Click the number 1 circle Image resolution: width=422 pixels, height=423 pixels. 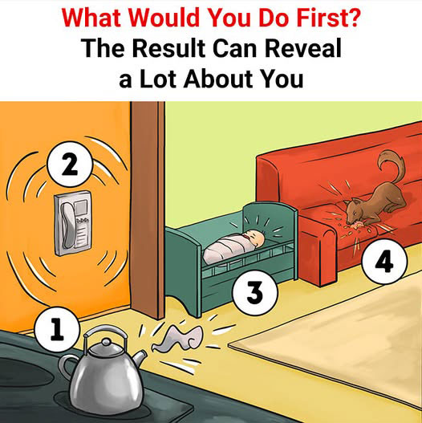point(57,329)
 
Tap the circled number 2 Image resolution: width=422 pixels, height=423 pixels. point(70,164)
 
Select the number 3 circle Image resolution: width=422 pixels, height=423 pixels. point(255,293)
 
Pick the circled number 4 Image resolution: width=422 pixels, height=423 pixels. point(384,261)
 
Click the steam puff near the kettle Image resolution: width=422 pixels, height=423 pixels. point(178,337)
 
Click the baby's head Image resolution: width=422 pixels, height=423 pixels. point(255,238)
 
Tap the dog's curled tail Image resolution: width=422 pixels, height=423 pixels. point(391,167)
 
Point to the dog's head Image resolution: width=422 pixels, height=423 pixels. point(355,211)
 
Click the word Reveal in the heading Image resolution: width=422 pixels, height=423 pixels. point(303,48)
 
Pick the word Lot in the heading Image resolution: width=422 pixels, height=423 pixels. point(159,79)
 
